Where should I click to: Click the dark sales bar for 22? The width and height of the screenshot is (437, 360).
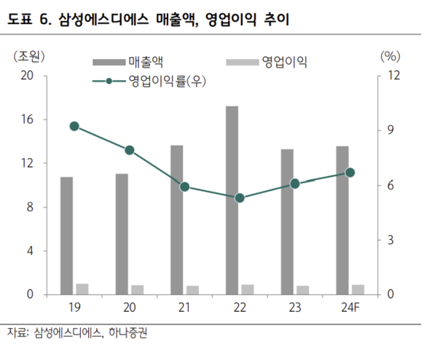232,200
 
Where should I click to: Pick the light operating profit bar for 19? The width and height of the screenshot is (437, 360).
82,289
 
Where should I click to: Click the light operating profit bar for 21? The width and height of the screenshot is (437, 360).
192,290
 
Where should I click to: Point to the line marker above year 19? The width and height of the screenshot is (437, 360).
74,126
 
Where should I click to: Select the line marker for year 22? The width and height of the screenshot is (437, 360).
240,197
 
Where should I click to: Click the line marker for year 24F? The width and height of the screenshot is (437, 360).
350,173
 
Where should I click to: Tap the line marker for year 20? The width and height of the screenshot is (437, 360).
130,150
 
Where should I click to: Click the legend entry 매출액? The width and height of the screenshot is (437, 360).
144,63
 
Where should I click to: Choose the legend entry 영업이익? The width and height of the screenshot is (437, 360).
284,63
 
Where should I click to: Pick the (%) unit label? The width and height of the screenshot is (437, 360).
390,56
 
